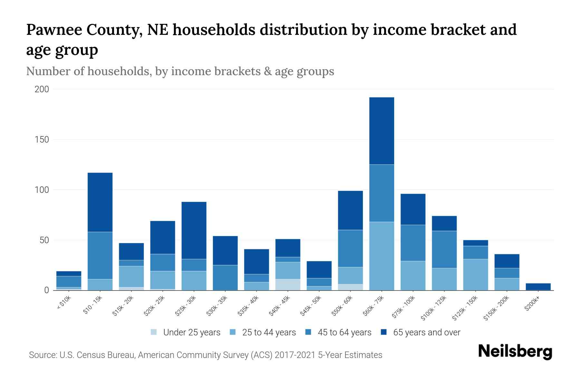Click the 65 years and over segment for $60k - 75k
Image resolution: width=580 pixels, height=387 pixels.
382,131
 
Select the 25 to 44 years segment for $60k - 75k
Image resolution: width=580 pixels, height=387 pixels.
382,256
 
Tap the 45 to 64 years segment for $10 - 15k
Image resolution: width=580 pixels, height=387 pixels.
100,255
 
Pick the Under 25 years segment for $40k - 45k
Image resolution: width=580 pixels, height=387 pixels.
288,284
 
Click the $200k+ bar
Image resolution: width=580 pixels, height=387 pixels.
538,287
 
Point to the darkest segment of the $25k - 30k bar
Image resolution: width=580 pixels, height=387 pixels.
194,230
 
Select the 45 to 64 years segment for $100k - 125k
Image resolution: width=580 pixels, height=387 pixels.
444,249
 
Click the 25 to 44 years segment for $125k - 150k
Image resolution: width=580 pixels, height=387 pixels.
475,274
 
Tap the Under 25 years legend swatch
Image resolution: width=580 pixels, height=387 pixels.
154,332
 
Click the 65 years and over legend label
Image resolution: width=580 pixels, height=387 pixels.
427,332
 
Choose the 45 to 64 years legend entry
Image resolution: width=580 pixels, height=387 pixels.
339,332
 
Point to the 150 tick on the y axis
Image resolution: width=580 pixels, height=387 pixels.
42,140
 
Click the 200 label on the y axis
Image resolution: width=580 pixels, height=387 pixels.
42,89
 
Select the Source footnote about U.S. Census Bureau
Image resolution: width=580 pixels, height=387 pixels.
206,355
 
